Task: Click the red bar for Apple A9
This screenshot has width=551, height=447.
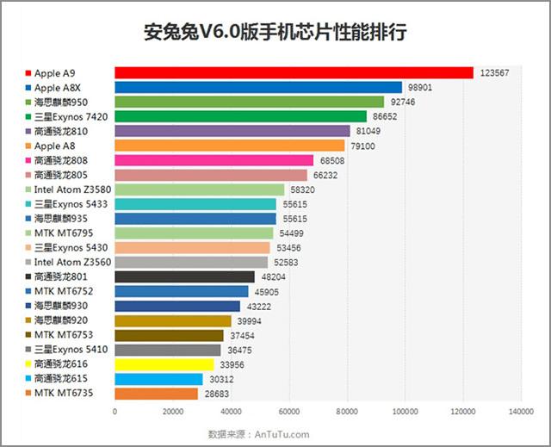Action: pos(294,73)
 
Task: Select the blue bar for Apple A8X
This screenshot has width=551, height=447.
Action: pos(258,88)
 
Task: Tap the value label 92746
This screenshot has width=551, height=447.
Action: pos(401,102)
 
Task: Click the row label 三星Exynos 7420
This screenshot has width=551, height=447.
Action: pos(71,116)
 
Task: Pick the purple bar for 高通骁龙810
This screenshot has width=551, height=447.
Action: pos(232,131)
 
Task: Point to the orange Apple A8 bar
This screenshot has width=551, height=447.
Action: pos(229,146)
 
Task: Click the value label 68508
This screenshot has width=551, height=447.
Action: pos(331,160)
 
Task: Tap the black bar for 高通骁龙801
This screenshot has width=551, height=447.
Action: pos(184,276)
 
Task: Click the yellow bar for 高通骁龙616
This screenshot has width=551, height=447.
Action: pos(164,364)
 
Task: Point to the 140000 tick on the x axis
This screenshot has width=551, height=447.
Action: pos(520,412)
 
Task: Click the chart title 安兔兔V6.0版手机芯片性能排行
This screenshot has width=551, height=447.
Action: pos(275,34)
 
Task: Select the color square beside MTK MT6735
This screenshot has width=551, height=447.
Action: pos(29,394)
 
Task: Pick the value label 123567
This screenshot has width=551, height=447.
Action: pos(494,73)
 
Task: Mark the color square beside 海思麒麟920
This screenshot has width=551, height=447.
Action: pos(29,320)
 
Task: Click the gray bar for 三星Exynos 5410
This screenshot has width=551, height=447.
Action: pos(167,350)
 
